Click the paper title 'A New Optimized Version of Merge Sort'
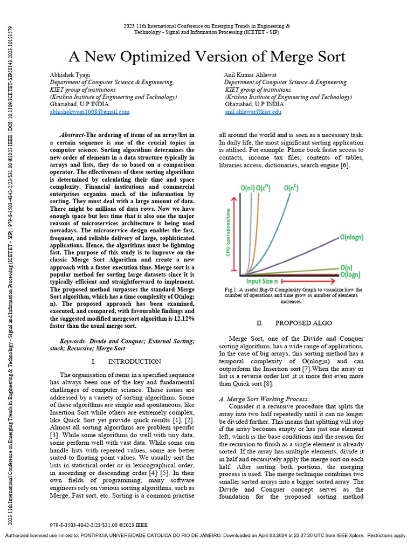207,57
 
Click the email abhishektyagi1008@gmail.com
89,112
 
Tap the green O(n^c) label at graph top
293,188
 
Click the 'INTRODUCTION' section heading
134,361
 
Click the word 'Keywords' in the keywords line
75,341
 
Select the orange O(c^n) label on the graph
264,188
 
